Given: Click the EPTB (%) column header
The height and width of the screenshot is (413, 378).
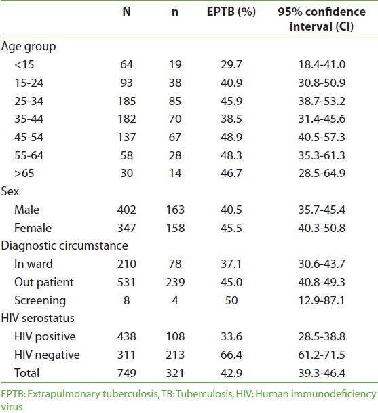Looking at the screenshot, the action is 231,12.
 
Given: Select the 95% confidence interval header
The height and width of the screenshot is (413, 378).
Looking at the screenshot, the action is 322,19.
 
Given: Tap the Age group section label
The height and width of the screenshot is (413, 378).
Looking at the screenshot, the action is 29,47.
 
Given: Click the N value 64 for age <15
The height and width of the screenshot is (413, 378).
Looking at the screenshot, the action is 126,65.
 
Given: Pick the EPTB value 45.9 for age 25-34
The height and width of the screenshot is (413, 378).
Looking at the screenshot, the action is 231,101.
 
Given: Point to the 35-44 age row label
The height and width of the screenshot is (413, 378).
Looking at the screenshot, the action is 29,119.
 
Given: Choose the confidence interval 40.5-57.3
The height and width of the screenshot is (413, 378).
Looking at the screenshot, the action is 322,137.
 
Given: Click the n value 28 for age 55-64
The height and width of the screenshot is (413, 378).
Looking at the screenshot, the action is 175,155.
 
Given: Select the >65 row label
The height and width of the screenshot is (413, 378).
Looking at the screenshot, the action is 24,174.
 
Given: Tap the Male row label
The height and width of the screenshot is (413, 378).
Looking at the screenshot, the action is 26,210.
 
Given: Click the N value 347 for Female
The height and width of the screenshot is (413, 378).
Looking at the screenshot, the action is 126,228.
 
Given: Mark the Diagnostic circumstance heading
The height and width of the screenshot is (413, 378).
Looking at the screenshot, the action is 64,245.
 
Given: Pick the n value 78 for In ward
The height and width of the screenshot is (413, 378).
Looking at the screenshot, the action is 175,264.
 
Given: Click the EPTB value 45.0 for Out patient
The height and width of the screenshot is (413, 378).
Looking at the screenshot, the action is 231,282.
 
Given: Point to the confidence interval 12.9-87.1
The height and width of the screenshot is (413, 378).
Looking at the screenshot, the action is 322,300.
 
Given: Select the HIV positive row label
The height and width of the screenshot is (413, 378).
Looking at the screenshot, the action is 45,337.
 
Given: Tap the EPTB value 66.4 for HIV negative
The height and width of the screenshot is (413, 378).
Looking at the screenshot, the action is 231,355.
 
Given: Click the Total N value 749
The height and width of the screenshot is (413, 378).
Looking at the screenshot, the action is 126,373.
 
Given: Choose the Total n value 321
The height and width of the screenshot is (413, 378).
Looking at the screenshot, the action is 175,373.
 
